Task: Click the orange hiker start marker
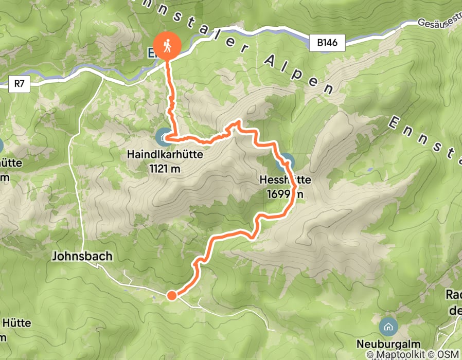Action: pyautogui.click(x=168, y=46)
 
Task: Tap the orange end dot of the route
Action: pyautogui.click(x=171, y=295)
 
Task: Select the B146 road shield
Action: pyautogui.click(x=327, y=43)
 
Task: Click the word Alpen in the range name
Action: pyautogui.click(x=298, y=72)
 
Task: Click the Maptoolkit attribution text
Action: pyautogui.click(x=396, y=354)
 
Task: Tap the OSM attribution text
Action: pyautogui.click(x=449, y=354)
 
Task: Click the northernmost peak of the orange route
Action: pyautogui.click(x=238, y=122)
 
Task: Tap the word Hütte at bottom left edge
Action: pyautogui.click(x=16, y=323)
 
